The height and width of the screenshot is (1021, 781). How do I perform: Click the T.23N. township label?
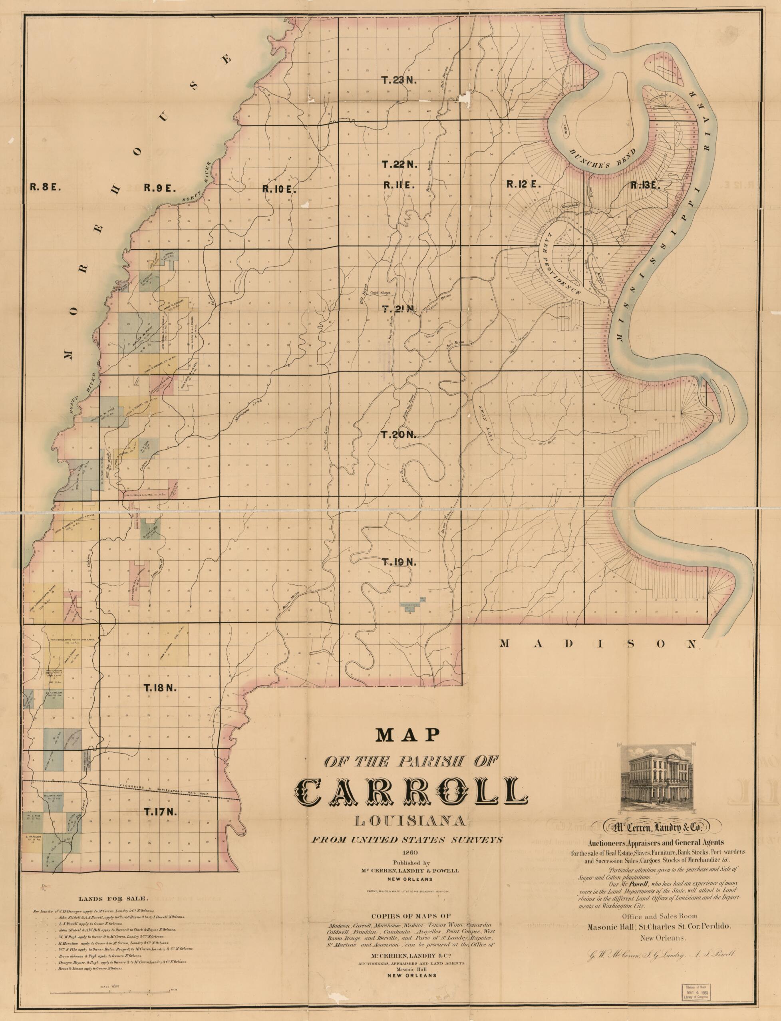[400, 80]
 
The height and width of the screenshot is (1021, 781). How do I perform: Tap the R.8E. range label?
[43, 187]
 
